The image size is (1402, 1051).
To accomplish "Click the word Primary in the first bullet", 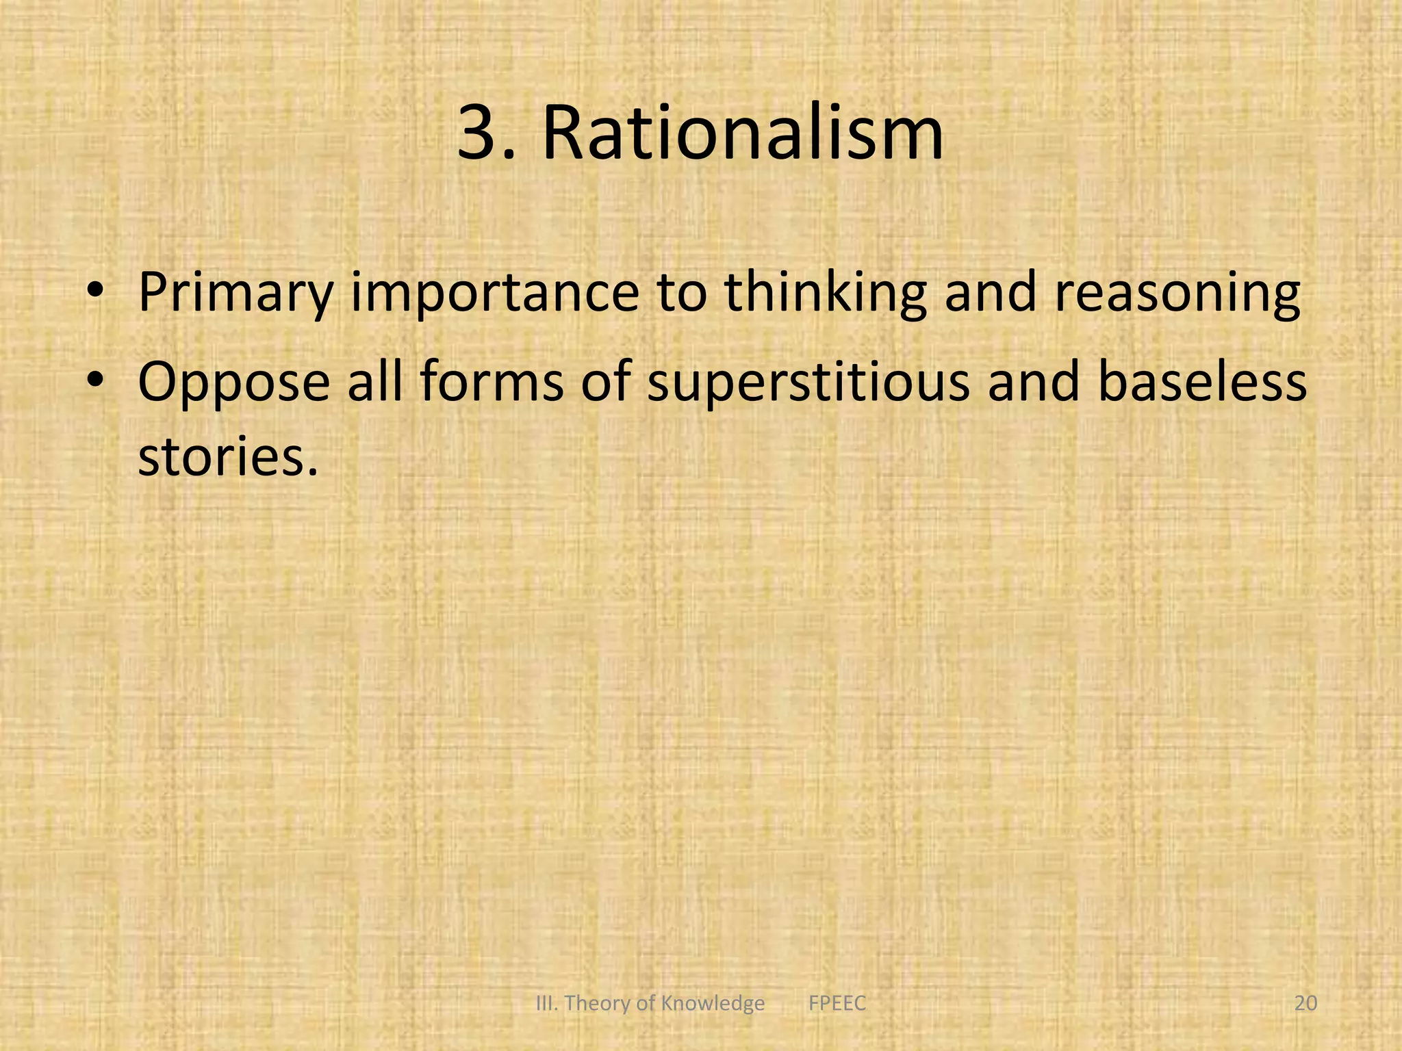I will click(236, 293).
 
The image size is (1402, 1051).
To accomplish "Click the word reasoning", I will click(1177, 293).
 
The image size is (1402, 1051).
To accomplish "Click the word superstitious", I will click(808, 382).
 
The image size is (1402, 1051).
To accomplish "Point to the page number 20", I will click(1305, 1003).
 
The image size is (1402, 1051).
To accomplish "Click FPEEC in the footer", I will click(837, 1003).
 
